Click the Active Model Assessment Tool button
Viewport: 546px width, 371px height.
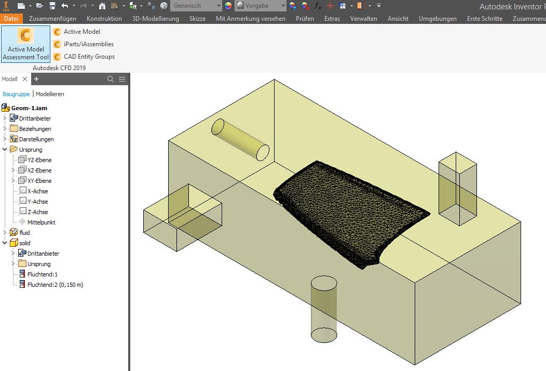coord(25,44)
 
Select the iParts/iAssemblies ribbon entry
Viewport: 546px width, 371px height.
coord(88,44)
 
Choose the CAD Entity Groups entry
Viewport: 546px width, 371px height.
coord(89,57)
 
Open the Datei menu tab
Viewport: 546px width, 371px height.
coord(11,19)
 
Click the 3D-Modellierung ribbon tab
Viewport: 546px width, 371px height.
coord(155,19)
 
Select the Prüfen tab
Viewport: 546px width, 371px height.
coord(305,19)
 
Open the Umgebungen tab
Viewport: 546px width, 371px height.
coord(438,19)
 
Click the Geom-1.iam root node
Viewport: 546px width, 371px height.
coord(29,108)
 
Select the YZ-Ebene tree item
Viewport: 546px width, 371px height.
coord(39,160)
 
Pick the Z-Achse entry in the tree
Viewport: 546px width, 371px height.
coord(37,212)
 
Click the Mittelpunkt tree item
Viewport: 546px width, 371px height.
coord(41,222)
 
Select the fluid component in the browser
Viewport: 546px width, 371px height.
coord(24,233)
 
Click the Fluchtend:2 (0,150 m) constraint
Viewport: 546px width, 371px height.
coord(55,285)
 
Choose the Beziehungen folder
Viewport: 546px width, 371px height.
coord(35,129)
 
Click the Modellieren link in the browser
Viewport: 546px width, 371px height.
coord(50,94)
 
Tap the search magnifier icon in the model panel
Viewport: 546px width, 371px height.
coord(110,79)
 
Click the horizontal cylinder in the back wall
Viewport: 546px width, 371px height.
coord(240,139)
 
